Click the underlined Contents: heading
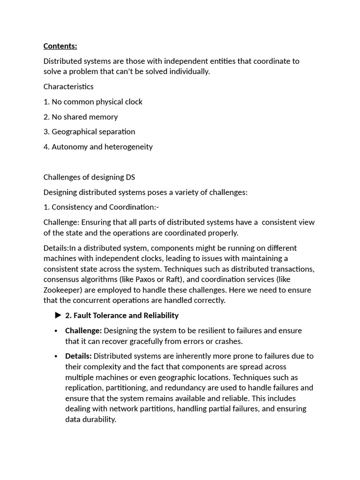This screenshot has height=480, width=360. [x=60, y=46]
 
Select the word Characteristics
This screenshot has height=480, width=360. [x=68, y=87]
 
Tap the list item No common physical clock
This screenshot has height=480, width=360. [x=97, y=102]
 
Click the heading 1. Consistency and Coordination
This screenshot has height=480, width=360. [x=101, y=207]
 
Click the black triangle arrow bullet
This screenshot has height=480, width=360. [x=58, y=315]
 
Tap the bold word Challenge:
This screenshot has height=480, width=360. [x=83, y=331]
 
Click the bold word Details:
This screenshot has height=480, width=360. [x=78, y=356]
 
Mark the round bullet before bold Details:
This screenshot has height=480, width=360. [x=56, y=356]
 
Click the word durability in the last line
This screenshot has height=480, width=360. [x=99, y=420]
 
